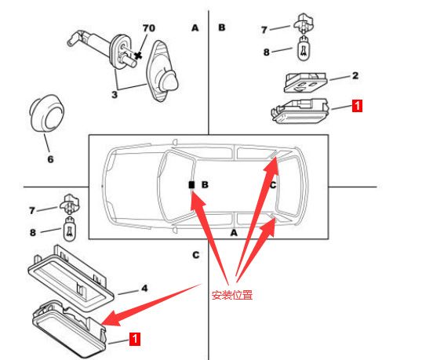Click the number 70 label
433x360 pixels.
(149, 28)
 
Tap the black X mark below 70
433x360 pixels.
(138, 56)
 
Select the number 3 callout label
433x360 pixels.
(115, 95)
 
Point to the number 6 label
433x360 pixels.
(50, 159)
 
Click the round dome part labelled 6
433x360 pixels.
(46, 114)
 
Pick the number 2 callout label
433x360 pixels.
(355, 75)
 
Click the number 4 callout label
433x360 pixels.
(144, 289)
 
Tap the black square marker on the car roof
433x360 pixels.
(191, 184)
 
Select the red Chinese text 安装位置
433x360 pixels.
(232, 295)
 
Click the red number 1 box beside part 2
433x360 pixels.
(357, 105)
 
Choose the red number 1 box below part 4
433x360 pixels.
(135, 339)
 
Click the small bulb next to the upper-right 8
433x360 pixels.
(304, 49)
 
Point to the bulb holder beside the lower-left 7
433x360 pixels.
(69, 204)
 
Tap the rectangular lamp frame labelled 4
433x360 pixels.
(71, 275)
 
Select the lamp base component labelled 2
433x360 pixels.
(305, 82)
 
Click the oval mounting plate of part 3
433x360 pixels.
(161, 71)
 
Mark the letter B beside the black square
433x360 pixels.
(205, 184)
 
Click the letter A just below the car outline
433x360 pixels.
(234, 233)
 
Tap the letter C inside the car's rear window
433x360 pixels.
(273, 184)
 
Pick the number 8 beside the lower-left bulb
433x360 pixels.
(33, 232)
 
